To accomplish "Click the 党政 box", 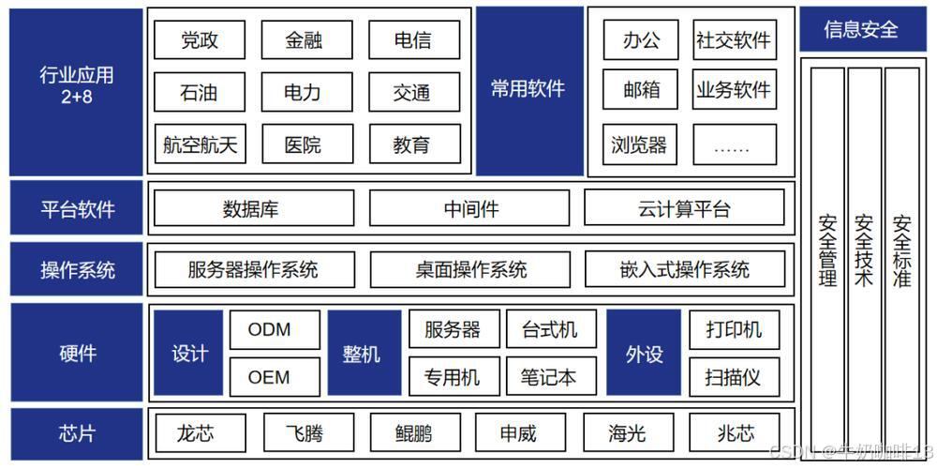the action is (199, 40).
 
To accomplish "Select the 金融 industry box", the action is (304, 40).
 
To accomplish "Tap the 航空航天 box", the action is (199, 144).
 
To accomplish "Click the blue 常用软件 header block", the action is (528, 90).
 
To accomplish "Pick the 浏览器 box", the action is (639, 144).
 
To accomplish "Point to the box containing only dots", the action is (735, 144).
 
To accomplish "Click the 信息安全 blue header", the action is (860, 29).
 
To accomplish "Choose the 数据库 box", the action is (254, 208).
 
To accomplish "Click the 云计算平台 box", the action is (684, 208).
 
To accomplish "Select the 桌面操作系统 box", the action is (470, 270).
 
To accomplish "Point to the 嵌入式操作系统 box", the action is (684, 270).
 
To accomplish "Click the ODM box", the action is (270, 329).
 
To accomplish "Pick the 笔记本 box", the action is (548, 377).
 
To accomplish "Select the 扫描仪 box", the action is (733, 377).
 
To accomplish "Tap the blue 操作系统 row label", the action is (77, 270).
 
